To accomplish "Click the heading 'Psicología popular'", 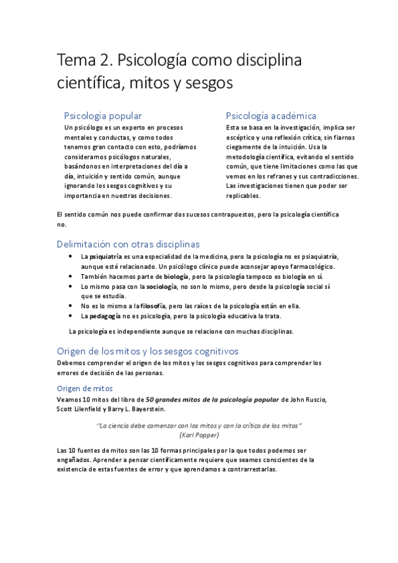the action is click(x=102, y=116).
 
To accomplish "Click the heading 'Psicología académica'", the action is click(x=271, y=116).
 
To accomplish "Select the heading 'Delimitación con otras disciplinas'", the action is click(x=128, y=244).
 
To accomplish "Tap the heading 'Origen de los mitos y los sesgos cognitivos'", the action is click(x=148, y=351).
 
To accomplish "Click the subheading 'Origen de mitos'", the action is click(x=85, y=388).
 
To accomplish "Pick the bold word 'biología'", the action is click(x=176, y=276).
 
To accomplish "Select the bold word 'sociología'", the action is click(x=161, y=286).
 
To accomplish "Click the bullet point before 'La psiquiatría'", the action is click(x=71, y=256).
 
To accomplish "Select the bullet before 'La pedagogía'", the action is click(x=71, y=316).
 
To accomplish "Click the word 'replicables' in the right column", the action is click(x=243, y=196).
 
